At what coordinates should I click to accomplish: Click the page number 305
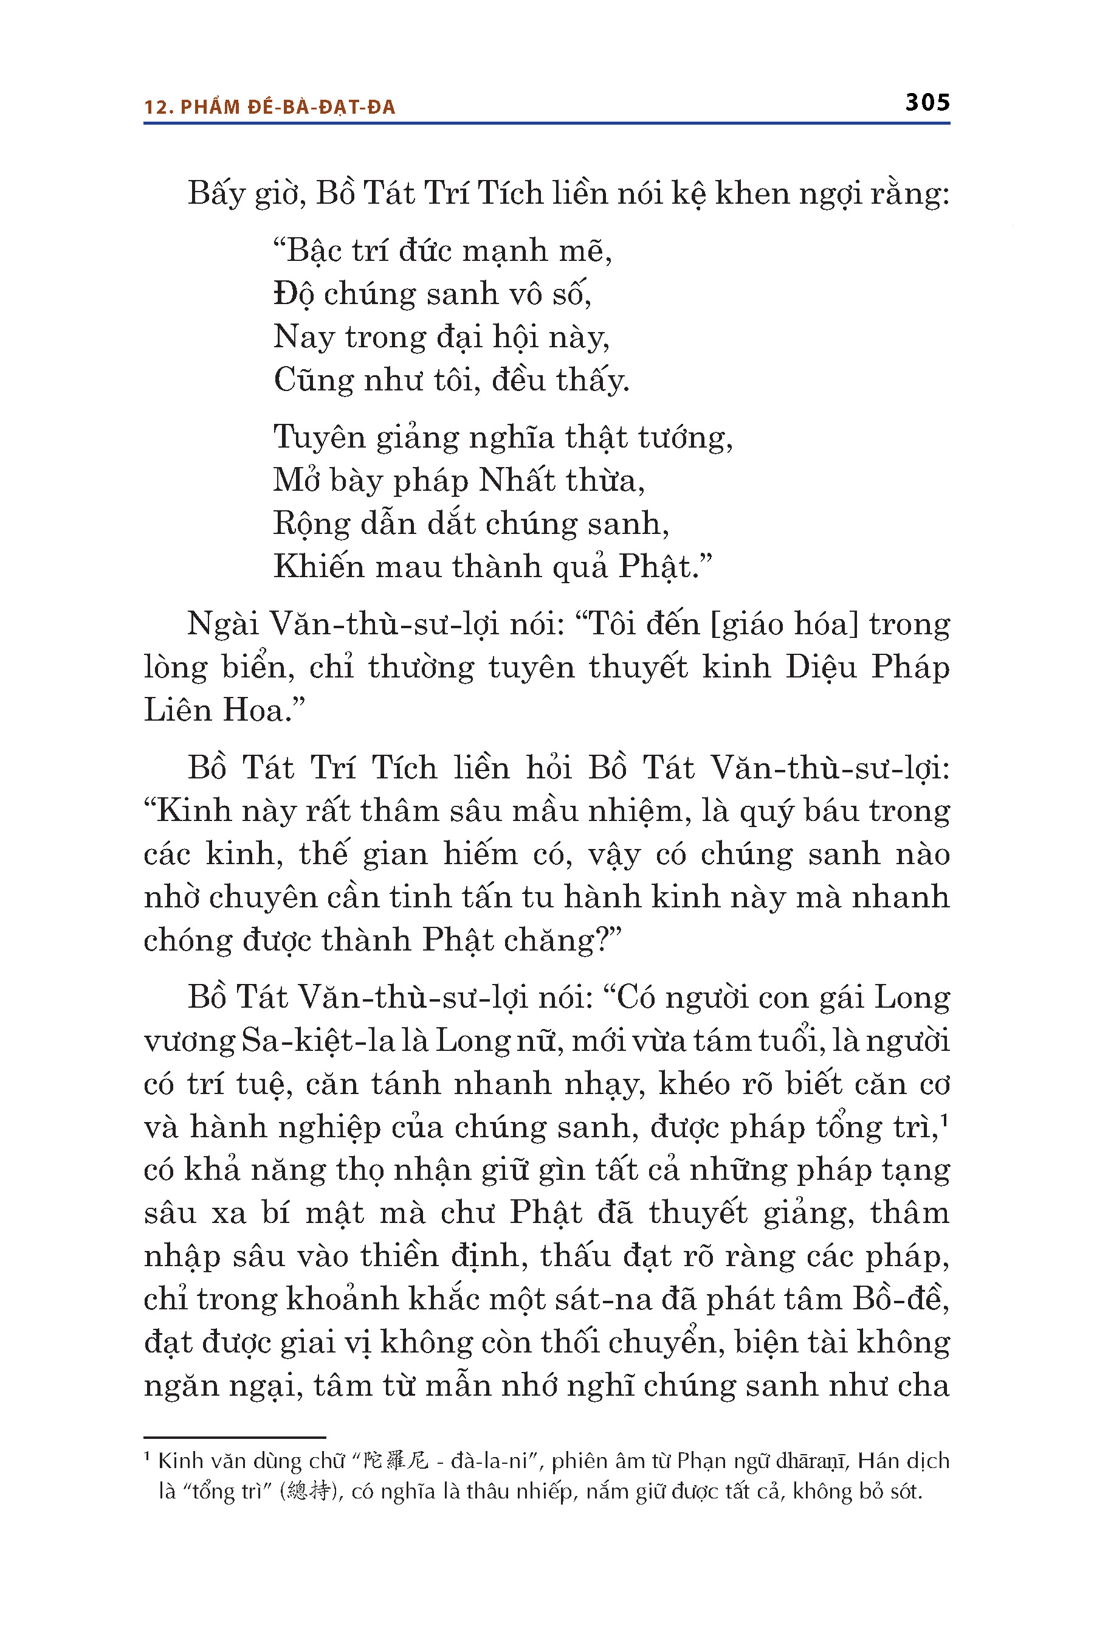pos(927,103)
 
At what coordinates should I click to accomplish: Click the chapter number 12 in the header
pos(157,107)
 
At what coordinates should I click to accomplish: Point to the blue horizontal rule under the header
pos(546,123)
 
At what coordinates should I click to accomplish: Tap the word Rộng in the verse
pos(311,524)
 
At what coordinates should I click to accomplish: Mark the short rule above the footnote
pos(235,1438)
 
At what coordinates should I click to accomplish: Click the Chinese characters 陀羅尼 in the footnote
pos(395,1461)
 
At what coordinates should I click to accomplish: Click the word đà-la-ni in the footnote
pos(489,1461)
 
